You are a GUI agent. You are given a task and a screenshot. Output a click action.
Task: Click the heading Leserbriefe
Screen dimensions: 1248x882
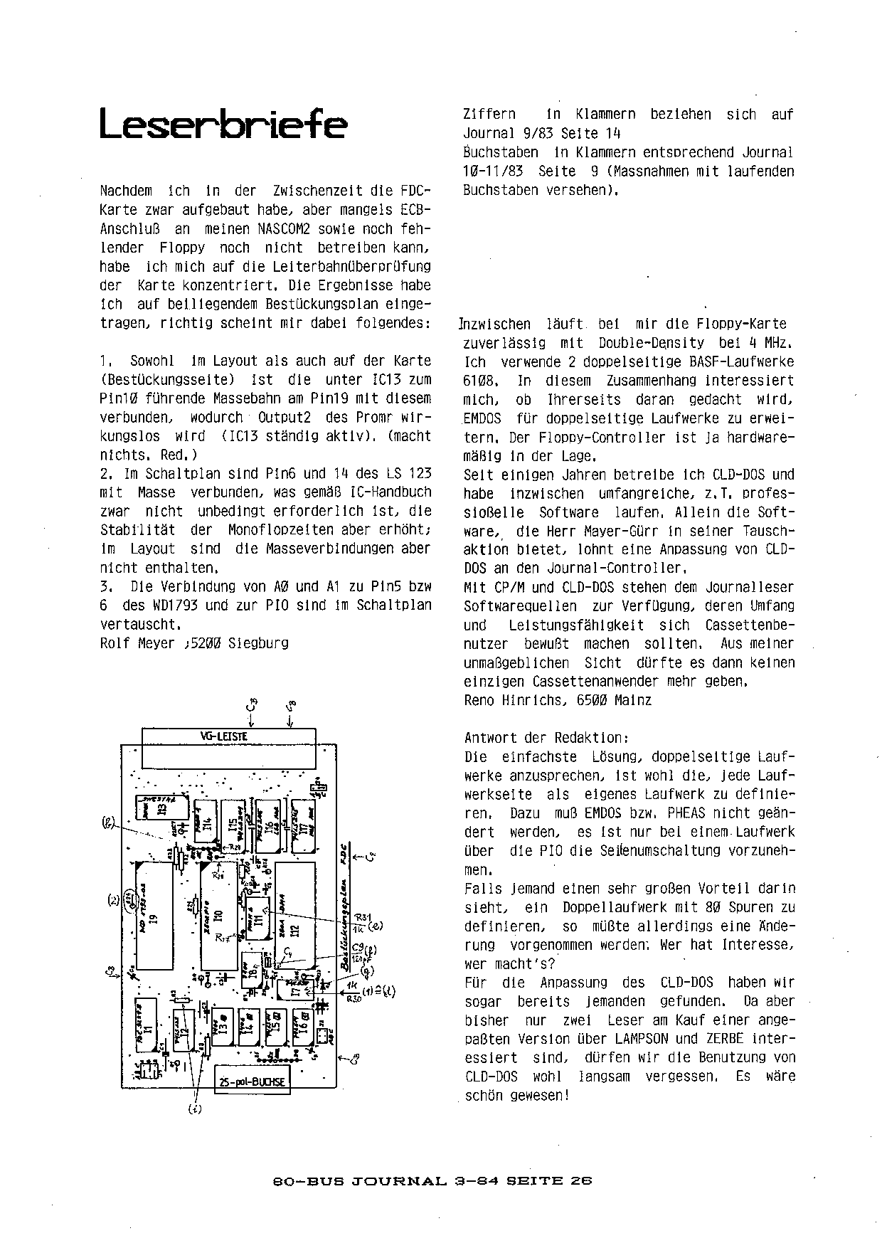pyautogui.click(x=223, y=124)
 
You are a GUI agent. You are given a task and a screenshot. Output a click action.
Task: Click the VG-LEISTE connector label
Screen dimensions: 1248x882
pyautogui.click(x=228, y=737)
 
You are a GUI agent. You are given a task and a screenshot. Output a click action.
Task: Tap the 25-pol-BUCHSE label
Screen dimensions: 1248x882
pyautogui.click(x=252, y=1082)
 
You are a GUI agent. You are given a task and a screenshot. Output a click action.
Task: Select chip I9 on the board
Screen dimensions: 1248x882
pyautogui.click(x=154, y=917)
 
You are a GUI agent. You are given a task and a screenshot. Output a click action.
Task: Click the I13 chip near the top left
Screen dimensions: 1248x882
pyautogui.click(x=161, y=810)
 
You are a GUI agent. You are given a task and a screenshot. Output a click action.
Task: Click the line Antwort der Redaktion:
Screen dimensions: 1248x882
pyautogui.click(x=546, y=738)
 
